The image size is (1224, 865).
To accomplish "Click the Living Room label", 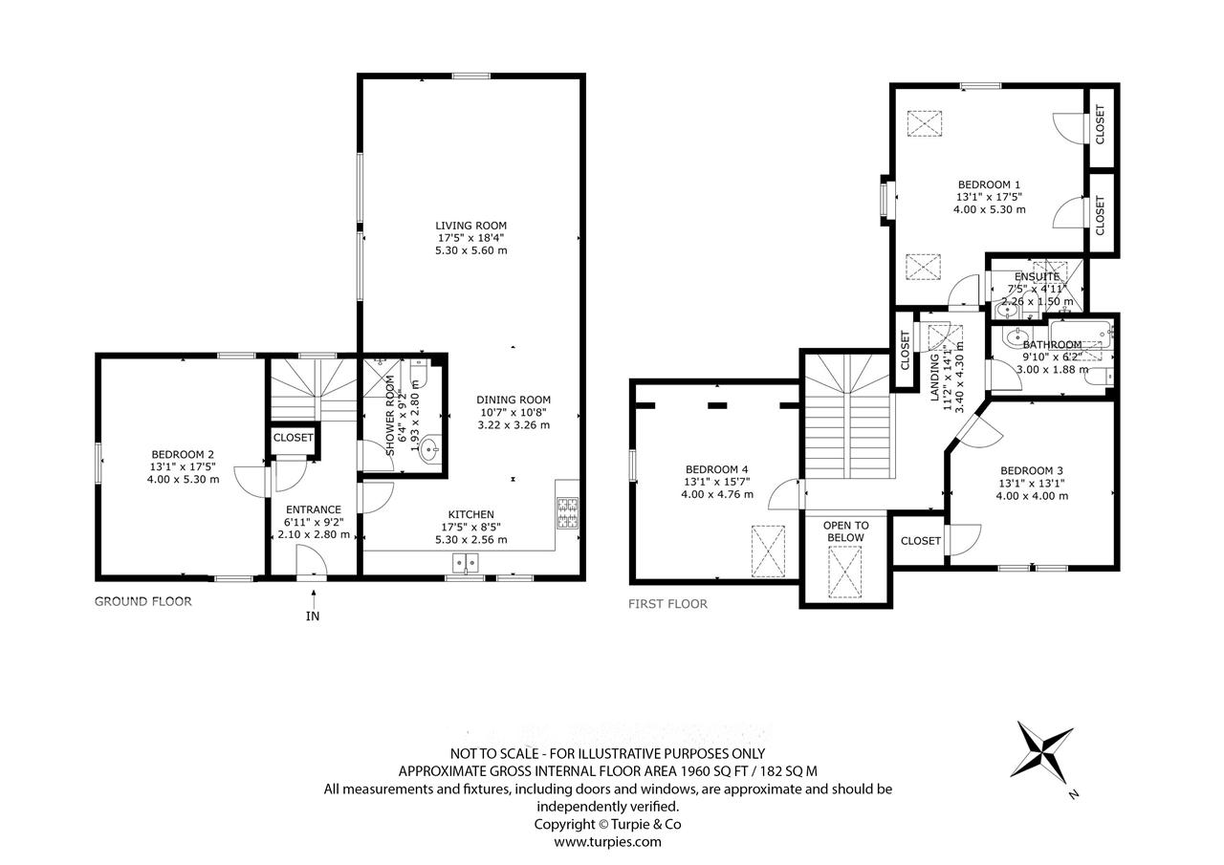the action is [470, 226].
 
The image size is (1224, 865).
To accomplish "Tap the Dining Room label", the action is [514, 400].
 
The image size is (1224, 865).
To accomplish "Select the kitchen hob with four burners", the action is [568, 512].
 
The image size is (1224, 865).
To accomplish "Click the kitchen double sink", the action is [465, 562].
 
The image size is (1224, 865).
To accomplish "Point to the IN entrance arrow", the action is [314, 597].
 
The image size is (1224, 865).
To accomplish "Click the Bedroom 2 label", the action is [183, 454].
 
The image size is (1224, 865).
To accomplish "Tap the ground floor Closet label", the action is [293, 438].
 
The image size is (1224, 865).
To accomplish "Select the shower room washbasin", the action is [432, 450].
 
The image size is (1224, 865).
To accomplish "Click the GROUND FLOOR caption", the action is [143, 602].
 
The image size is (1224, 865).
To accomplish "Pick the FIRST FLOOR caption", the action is [667, 604].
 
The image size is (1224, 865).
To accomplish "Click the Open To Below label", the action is [845, 531].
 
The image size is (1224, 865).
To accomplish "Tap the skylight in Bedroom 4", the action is [768, 551].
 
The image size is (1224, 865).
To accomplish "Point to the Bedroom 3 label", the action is [1032, 470].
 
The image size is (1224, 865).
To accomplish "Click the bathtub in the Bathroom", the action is [1081, 335].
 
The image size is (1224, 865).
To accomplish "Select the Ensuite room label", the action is [1037, 277].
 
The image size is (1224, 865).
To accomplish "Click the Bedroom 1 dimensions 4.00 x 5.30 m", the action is [989, 209].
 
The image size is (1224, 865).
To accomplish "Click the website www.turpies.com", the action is [607, 842].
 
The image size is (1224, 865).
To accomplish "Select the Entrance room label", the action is [313, 509].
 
